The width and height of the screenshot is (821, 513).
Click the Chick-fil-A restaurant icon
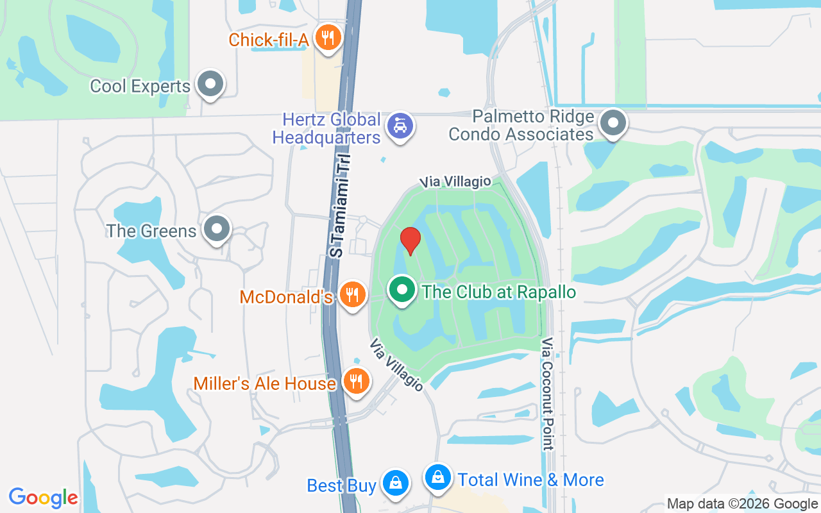point(328,38)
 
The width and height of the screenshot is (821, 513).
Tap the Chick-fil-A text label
point(269,40)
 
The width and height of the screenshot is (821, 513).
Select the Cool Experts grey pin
point(209,84)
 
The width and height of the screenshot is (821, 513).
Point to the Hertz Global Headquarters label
point(326,128)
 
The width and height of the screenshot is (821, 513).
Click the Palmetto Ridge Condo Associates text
point(521,126)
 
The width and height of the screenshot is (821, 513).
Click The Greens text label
point(151,231)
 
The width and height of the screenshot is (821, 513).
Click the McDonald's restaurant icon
point(351,295)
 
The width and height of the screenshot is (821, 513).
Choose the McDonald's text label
point(285,297)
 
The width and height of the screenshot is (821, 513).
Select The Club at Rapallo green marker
point(402,290)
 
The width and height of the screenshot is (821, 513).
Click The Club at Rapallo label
point(499,292)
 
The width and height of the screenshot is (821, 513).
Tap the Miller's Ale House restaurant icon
point(354,382)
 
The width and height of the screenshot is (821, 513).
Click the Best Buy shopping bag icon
point(396,483)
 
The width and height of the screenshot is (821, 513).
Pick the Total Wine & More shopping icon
point(437,477)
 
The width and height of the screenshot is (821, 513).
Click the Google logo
point(44,497)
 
